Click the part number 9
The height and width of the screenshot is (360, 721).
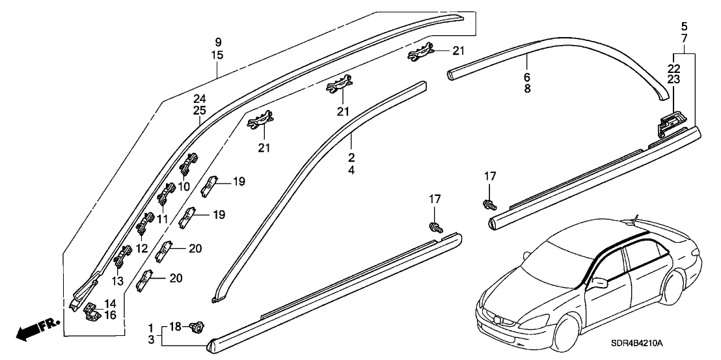pos(217,42)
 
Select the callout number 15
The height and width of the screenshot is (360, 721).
pos(217,55)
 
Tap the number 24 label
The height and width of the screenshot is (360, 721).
pos(199,99)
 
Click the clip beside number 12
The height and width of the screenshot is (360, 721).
pos(143,228)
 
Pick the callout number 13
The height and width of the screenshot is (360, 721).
pos(118,281)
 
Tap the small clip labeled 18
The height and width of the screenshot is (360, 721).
pos(193,327)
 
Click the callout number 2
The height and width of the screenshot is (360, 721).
pos(351,158)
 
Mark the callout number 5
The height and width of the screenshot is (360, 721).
pos(683,27)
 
